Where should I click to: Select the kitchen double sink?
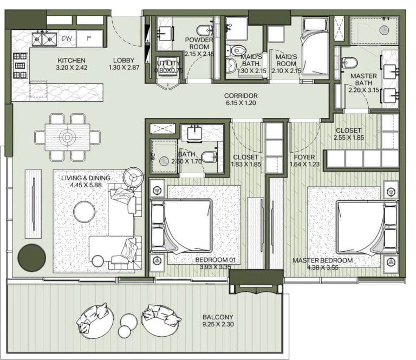[x=44, y=38]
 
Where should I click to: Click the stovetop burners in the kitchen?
[x=20, y=66]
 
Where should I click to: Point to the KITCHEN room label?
[x=71, y=60]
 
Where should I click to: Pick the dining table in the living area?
[x=67, y=137]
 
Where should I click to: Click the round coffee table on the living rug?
[x=84, y=211]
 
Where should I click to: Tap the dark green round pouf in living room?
[x=31, y=258]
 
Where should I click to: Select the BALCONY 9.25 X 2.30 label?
[x=218, y=321]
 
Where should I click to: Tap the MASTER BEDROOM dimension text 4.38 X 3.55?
[x=322, y=267]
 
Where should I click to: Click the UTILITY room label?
[x=167, y=63]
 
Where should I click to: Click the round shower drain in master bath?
[x=383, y=30]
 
